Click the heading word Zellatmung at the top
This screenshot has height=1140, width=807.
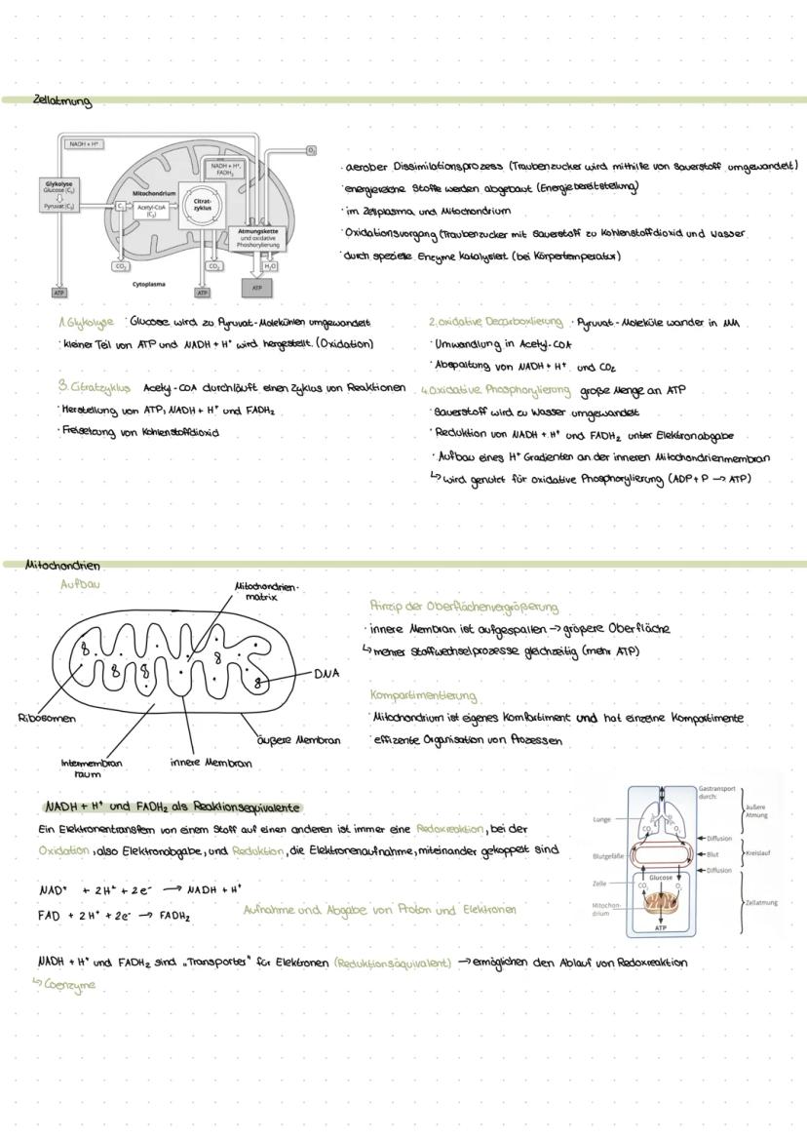pos(61,100)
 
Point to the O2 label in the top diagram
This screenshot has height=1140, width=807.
pos(311,150)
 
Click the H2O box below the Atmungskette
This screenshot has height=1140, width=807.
pos(270,265)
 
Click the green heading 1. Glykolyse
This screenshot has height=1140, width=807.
pos(86,322)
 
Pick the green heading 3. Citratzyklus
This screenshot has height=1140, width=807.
pos(95,387)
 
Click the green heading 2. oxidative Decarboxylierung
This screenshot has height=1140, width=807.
pos(495,322)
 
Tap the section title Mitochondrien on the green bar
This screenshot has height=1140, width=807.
pos(62,565)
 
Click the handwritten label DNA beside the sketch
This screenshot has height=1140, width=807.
pos(327,674)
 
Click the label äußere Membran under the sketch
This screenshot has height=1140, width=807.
pos(299,740)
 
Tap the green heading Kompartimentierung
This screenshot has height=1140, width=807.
pos(423,695)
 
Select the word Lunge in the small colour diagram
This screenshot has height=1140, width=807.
pos(601,820)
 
